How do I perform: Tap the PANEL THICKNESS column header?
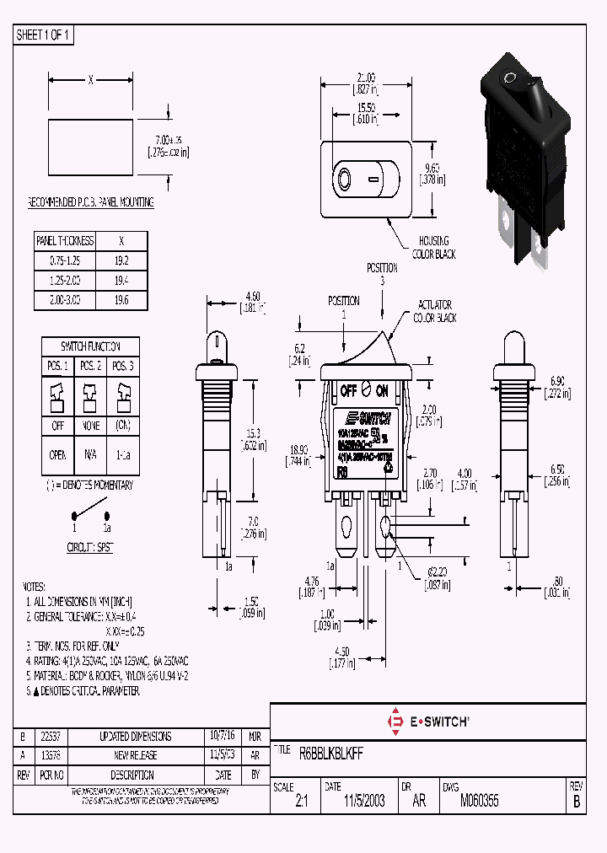point(65,241)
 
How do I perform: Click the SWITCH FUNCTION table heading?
point(89,346)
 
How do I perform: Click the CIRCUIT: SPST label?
point(90,547)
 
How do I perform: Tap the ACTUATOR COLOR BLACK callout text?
point(434,311)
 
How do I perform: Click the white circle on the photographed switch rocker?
point(509,78)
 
